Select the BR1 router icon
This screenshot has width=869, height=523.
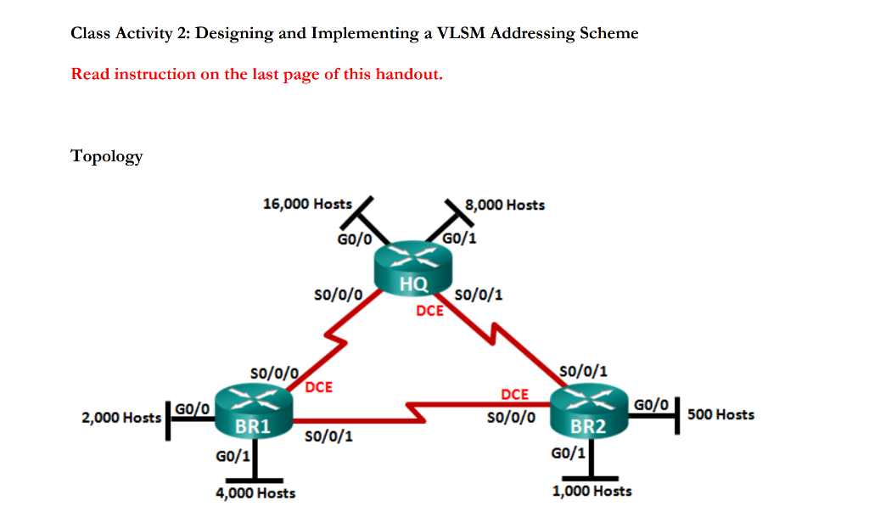coord(253,410)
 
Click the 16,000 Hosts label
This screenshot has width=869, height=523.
coord(307,204)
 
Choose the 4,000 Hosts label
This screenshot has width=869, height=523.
coord(255,492)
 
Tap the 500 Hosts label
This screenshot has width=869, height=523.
coord(720,414)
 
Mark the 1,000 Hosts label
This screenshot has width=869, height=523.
coord(591,491)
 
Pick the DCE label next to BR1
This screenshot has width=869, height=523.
coord(318,387)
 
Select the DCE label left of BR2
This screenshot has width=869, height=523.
coord(514,395)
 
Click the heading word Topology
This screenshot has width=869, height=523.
coord(107,156)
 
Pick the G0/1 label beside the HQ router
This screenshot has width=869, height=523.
coord(460,239)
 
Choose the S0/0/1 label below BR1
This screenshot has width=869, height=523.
coord(328,437)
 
